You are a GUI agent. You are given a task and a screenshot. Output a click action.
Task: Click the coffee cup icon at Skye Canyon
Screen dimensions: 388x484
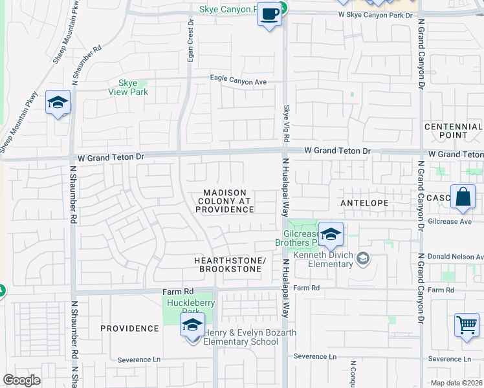coord(270,13)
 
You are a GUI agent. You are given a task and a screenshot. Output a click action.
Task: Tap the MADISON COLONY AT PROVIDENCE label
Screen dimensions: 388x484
coord(226,201)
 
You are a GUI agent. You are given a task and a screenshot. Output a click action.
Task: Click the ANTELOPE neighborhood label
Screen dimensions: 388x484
coord(364,203)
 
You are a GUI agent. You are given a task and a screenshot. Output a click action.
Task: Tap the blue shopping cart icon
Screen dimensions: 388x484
coord(467,325)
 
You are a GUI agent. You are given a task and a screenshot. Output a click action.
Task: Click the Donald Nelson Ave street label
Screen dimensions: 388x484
coord(460,257)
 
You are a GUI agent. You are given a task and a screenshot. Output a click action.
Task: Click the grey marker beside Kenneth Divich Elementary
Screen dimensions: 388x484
coord(363,259)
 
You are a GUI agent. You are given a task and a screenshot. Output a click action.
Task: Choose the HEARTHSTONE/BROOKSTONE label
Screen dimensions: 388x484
coord(230,264)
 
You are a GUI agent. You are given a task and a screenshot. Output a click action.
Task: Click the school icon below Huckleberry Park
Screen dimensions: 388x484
coord(192,325)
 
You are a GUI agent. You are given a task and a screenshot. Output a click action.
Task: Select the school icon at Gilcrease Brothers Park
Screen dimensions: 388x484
coord(331,235)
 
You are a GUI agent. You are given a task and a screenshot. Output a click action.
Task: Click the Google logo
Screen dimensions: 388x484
coord(22,380)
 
